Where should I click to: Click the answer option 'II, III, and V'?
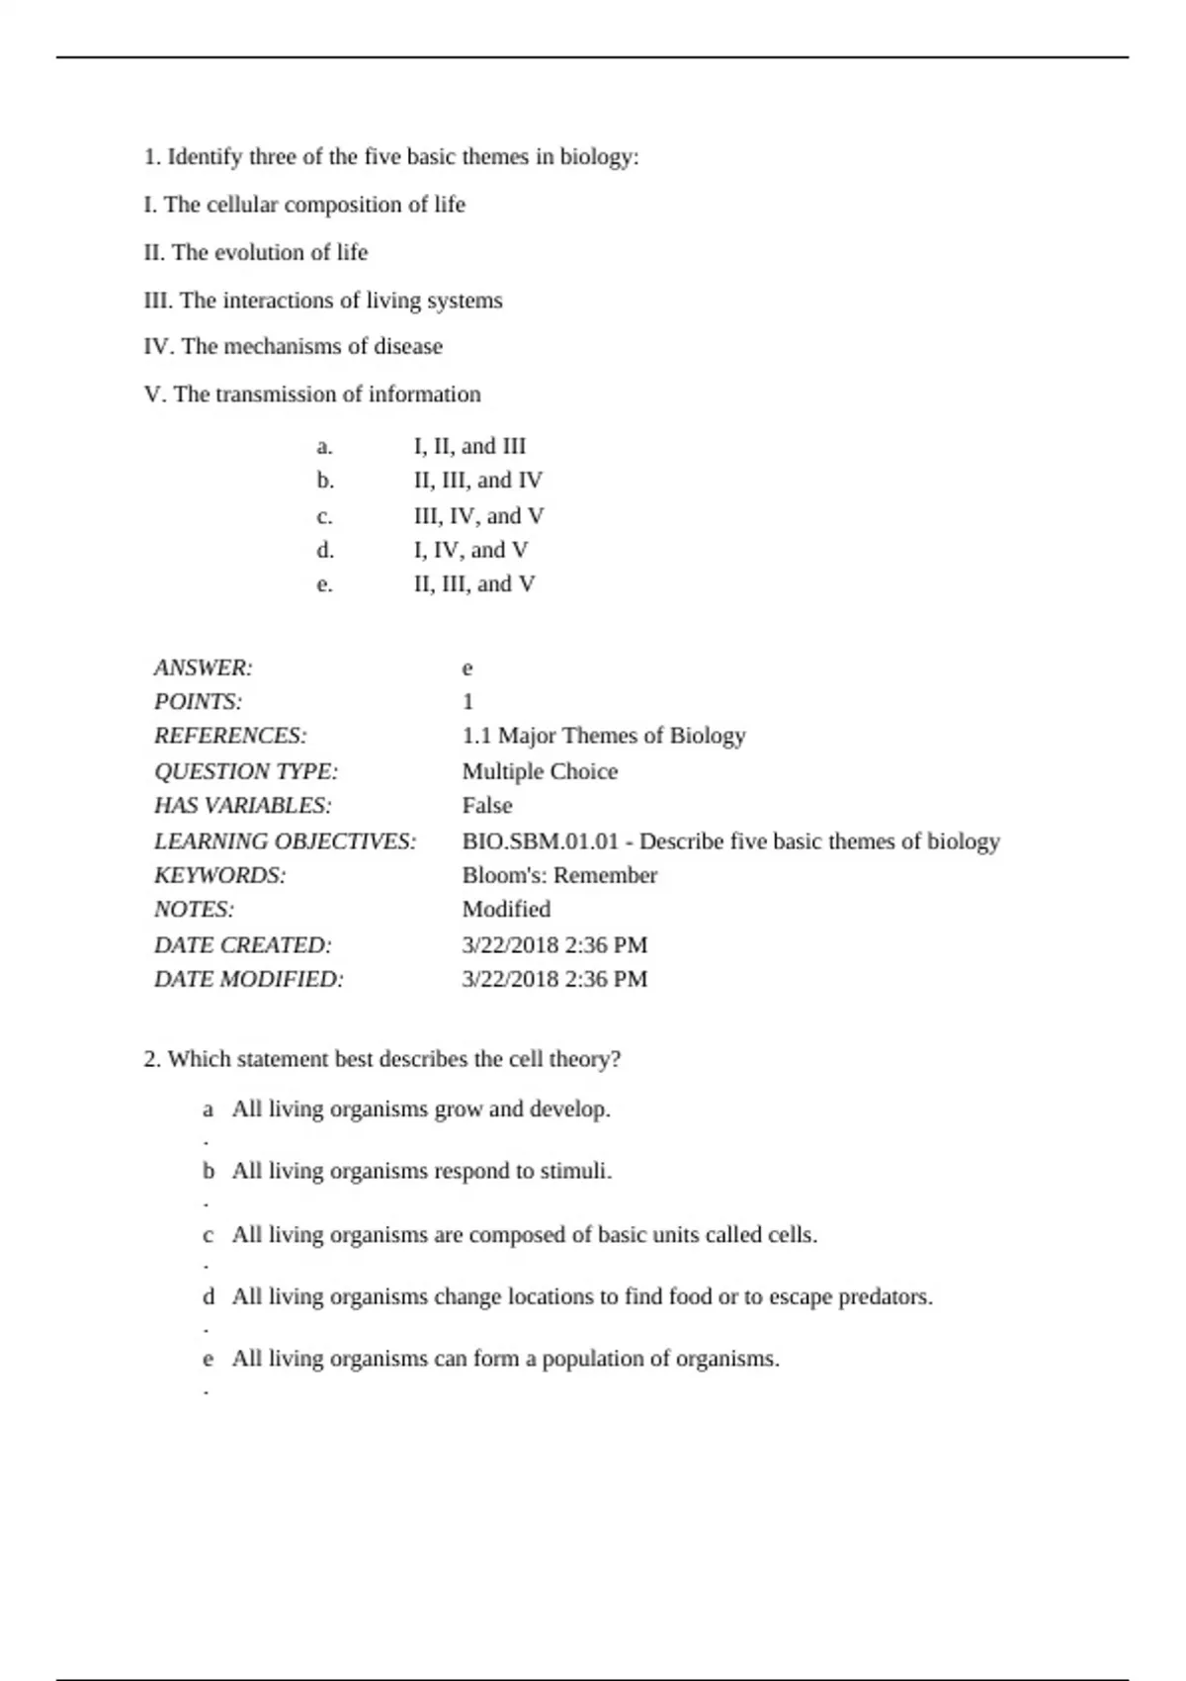[474, 584]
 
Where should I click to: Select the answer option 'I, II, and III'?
[469, 447]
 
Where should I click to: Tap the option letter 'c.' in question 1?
[324, 516]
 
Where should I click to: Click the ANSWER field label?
[204, 668]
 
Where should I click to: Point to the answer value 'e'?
[467, 668]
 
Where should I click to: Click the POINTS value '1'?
[467, 702]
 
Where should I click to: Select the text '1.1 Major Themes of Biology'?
[603, 736]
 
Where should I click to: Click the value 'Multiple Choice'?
[540, 771]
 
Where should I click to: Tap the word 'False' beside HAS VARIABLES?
[487, 806]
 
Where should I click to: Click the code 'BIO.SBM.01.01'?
[540, 841]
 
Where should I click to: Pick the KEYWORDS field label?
[219, 876]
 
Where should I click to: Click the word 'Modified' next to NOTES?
[506, 910]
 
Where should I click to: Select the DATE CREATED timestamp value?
[554, 945]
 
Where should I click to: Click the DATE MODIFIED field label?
[249, 980]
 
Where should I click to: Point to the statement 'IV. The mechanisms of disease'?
[294, 347]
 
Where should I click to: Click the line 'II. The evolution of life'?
[256, 253]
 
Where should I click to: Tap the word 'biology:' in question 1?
[600, 157]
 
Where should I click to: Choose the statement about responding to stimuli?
[422, 1172]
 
